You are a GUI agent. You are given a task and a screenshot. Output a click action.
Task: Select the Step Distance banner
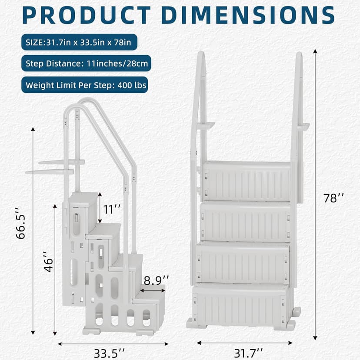click(x=86, y=63)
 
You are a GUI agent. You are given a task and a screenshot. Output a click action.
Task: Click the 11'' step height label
click(x=111, y=209)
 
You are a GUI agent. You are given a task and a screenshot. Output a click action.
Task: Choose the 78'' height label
click(x=333, y=198)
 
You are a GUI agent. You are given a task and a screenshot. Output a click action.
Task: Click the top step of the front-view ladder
click(x=247, y=180)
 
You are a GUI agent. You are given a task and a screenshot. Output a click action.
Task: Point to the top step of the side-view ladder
click(x=83, y=199)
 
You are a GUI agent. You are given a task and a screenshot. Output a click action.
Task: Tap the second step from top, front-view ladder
click(x=245, y=221)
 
